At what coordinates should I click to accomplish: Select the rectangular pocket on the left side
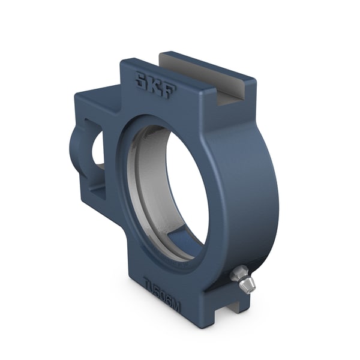[96, 162]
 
